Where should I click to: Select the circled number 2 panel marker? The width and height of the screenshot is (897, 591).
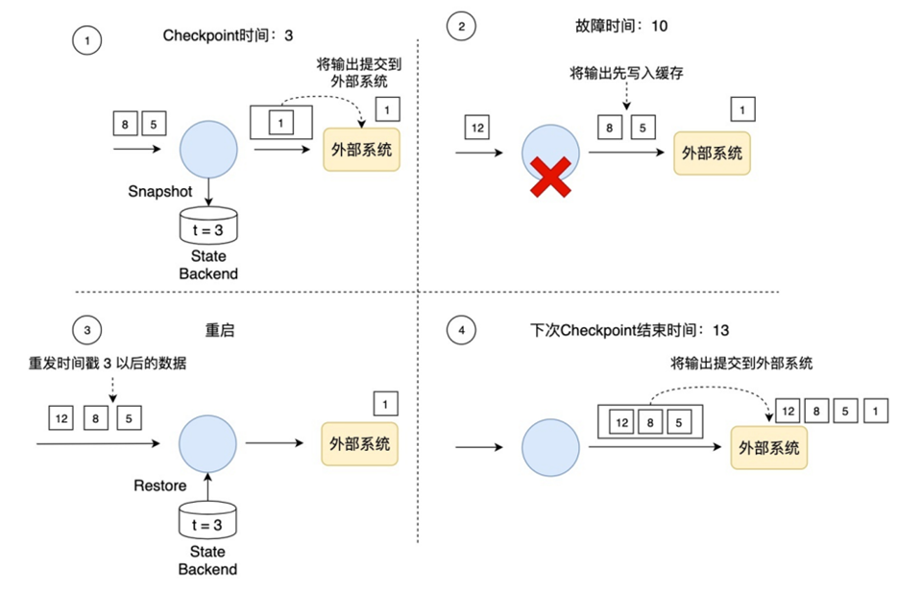(462, 28)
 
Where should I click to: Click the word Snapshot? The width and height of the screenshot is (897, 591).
(160, 191)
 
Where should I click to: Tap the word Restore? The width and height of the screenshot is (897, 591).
(160, 485)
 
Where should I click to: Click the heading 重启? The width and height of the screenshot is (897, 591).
(220, 330)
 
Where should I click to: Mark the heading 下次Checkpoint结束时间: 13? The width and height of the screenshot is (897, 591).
(630, 330)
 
